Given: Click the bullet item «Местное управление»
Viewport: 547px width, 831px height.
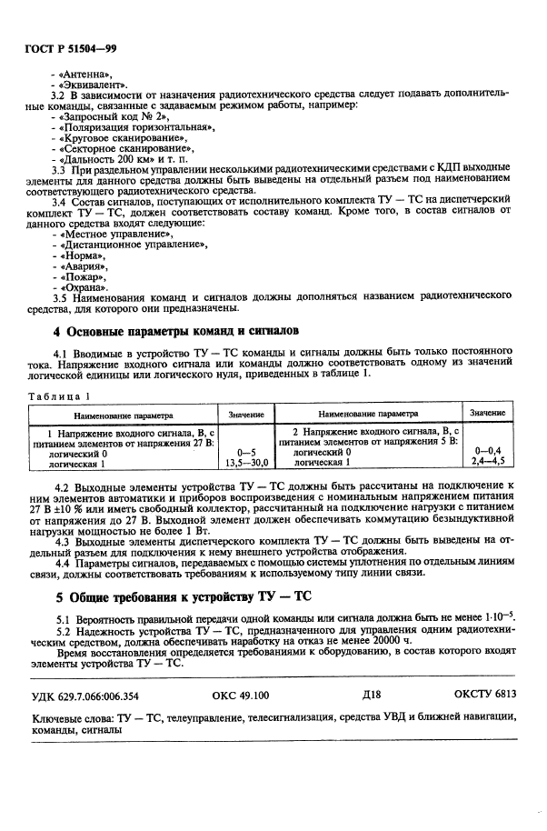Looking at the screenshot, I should (113, 235).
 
